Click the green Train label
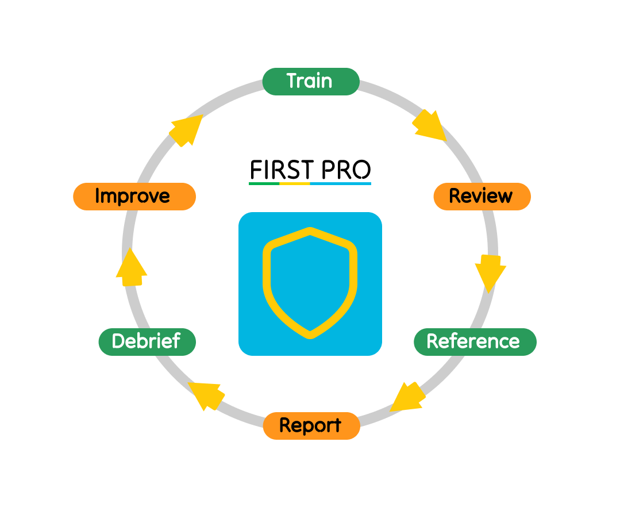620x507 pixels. pyautogui.click(x=310, y=81)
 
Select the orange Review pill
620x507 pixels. pyautogui.click(x=482, y=196)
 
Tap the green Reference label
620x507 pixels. pyautogui.click(x=475, y=341)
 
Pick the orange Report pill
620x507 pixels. pyautogui.click(x=311, y=426)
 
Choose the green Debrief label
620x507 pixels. pyautogui.click(x=147, y=341)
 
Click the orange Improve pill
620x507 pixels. pyautogui.click(x=134, y=196)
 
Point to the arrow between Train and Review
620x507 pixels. pyautogui.click(x=429, y=126)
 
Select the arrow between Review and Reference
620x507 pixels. pyautogui.click(x=490, y=270)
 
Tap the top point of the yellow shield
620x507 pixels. pyautogui.click(x=310, y=231)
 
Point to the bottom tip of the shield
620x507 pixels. pyautogui.click(x=310, y=335)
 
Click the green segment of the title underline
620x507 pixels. pyautogui.click(x=264, y=183)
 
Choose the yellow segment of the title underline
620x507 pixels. pyautogui.click(x=294, y=183)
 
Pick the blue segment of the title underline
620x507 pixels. pyautogui.click(x=340, y=183)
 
